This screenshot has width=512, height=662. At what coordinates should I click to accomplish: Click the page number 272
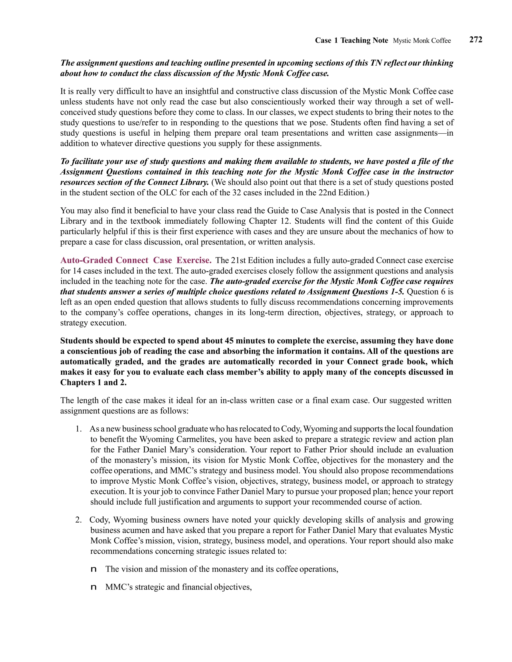coord(475,40)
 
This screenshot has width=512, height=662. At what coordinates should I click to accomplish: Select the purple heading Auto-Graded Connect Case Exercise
coord(135,260)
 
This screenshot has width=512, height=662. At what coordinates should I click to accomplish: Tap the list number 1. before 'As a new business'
coord(78,429)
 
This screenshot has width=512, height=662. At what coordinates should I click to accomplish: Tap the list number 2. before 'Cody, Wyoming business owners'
coord(78,520)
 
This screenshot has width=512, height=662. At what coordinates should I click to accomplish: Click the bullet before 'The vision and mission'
coord(94,569)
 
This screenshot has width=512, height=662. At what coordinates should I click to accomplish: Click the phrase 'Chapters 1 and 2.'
coord(93,382)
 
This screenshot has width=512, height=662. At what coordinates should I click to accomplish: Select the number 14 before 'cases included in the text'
coord(77,271)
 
